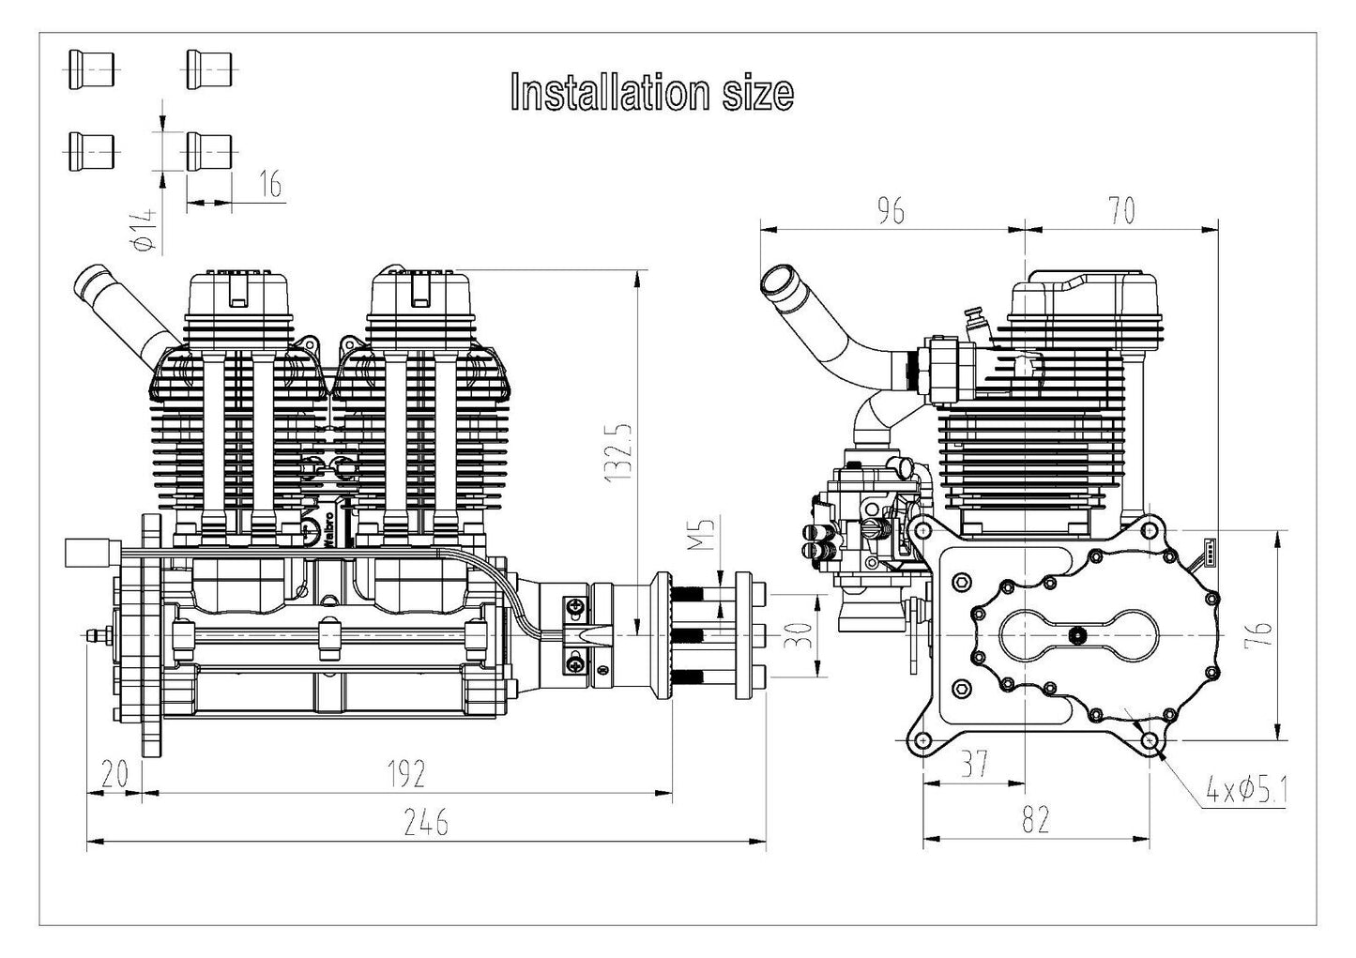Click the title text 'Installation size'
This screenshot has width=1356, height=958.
click(x=651, y=93)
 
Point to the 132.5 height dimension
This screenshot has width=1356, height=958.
click(x=620, y=451)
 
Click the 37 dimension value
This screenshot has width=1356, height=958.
click(x=974, y=765)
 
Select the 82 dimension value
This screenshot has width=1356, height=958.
click(x=1034, y=820)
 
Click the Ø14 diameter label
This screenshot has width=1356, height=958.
click(x=143, y=229)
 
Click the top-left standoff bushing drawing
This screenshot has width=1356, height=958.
click(x=91, y=69)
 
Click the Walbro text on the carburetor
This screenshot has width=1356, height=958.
click(x=329, y=529)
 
